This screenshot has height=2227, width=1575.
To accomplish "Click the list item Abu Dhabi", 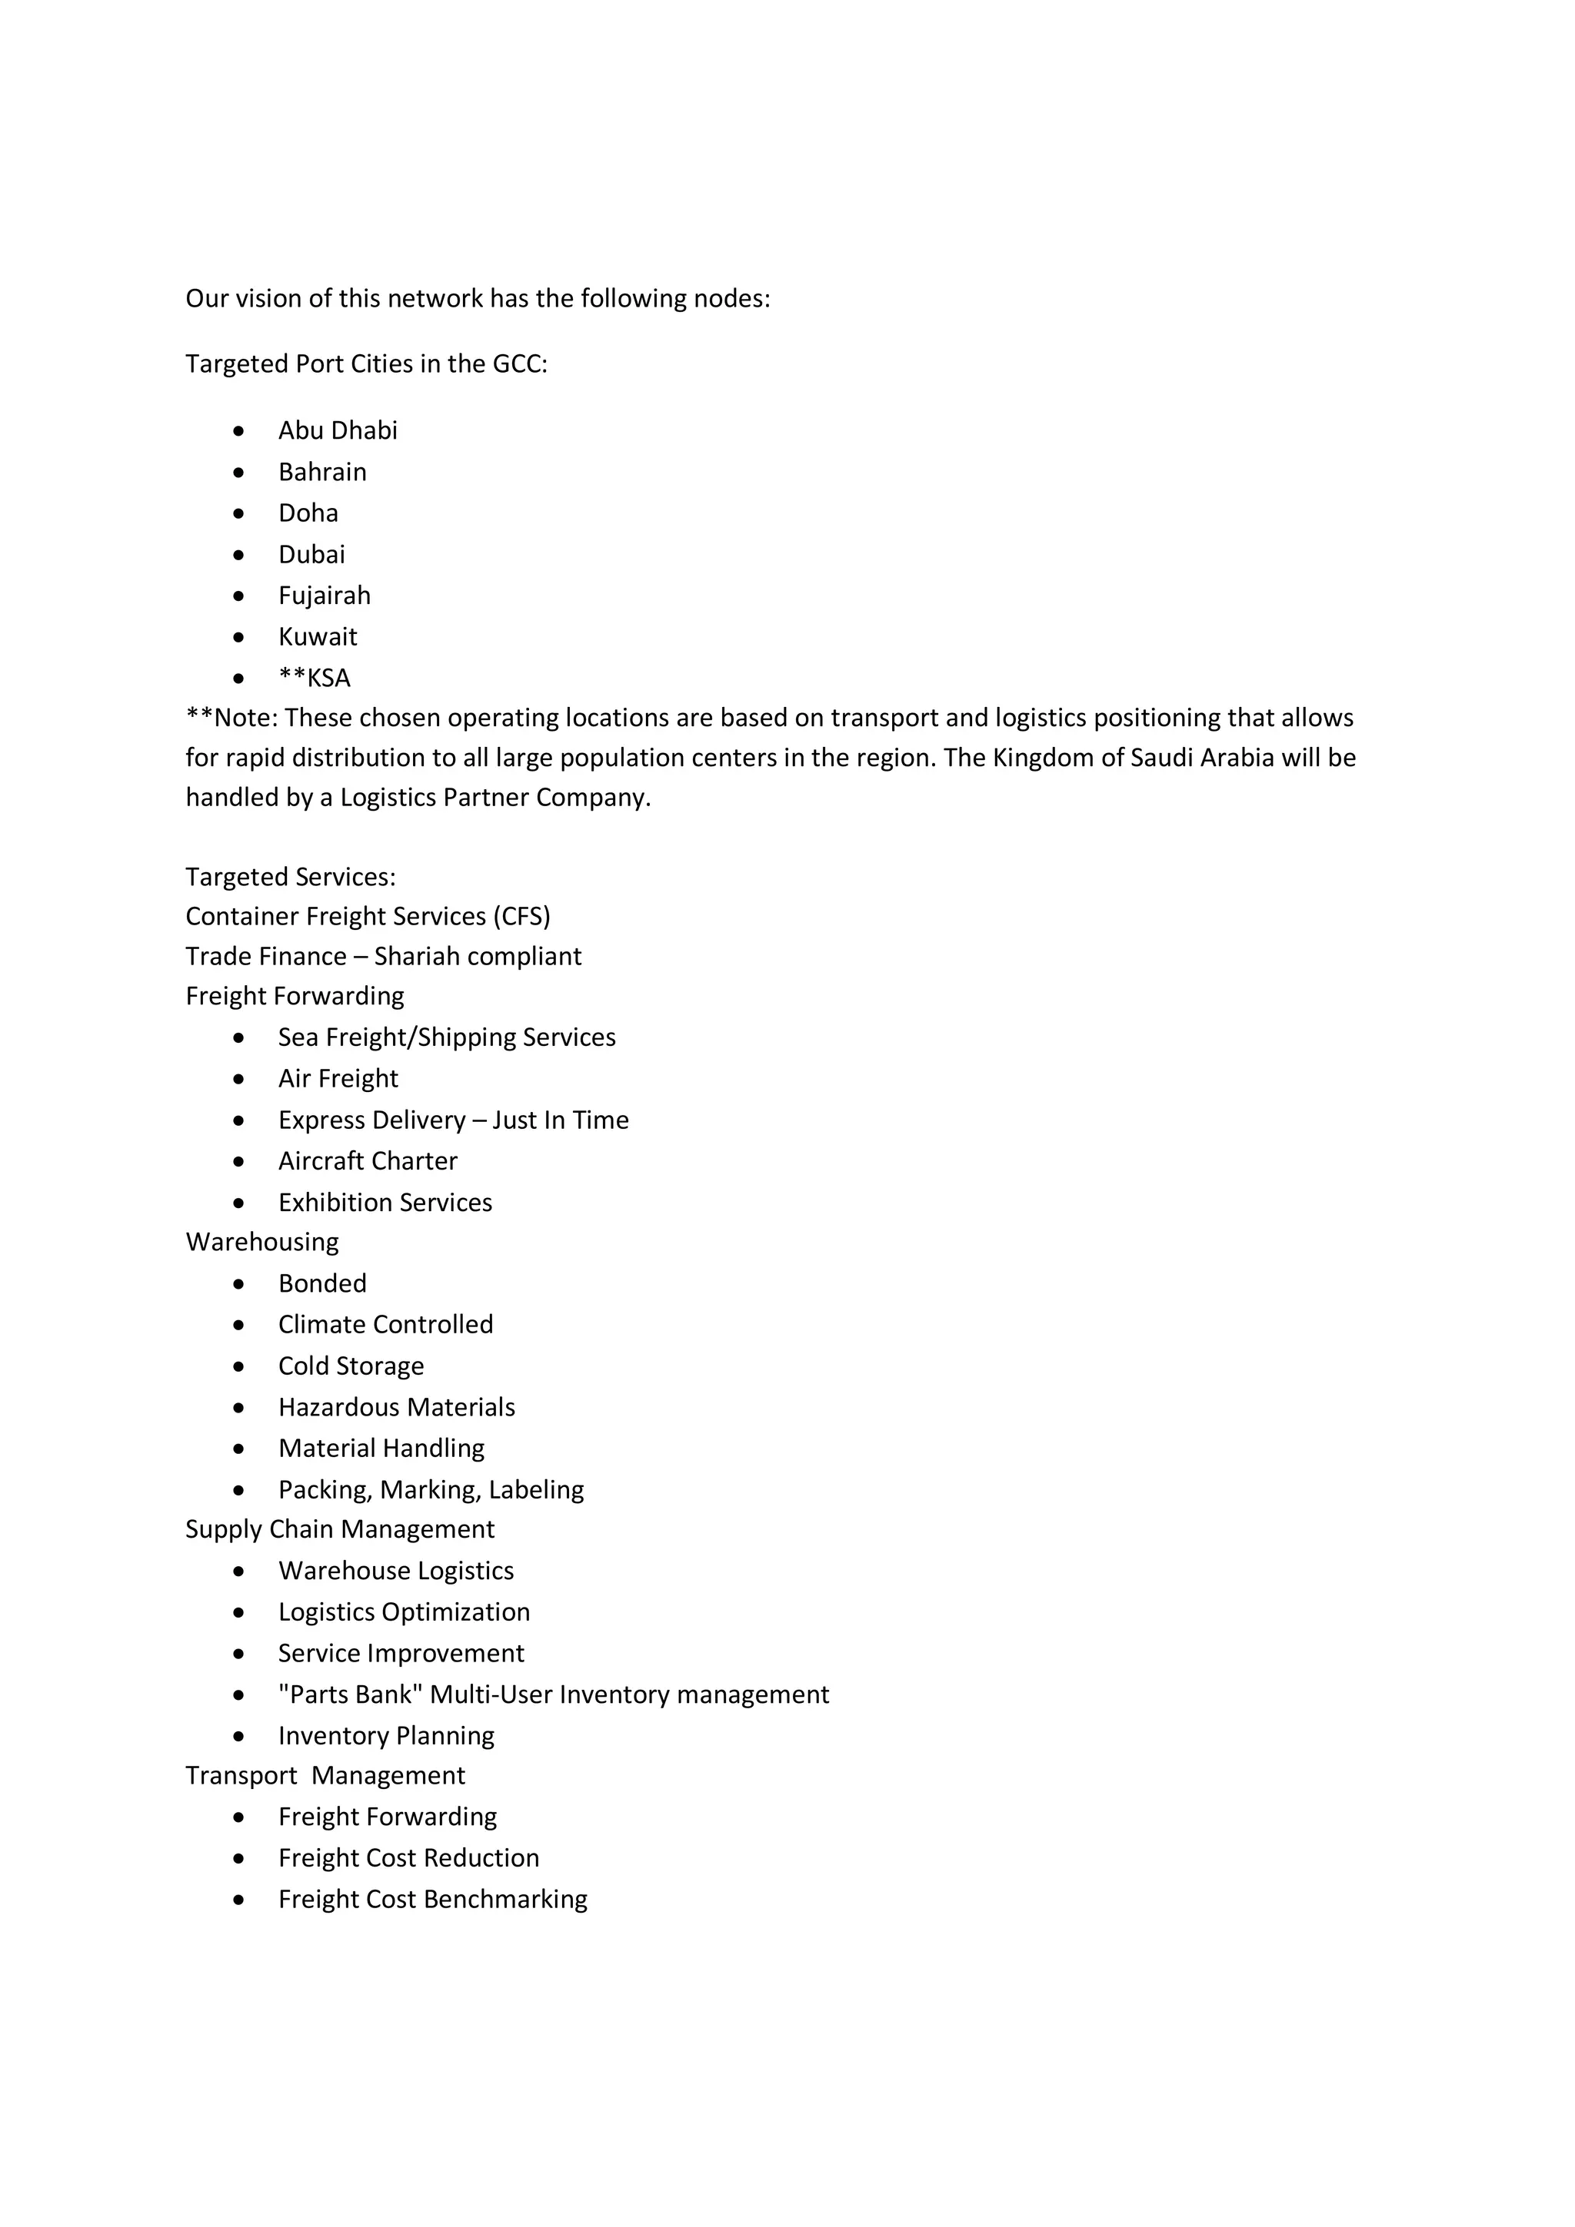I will pos(338,430).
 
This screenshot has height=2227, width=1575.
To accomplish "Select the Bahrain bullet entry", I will pos(322,473).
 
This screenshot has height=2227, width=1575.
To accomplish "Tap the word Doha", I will pos(308,513).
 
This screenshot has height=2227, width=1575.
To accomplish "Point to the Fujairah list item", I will pos(324,596).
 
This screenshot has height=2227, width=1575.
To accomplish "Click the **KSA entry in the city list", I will pos(315,678).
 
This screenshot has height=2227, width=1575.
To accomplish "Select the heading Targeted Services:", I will pos(290,878).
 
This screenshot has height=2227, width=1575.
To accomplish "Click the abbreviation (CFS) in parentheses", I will pos(521,918).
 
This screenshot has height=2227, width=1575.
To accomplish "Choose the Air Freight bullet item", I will pos(338,1080).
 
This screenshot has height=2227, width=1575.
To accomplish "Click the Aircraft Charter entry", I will pos(368,1162).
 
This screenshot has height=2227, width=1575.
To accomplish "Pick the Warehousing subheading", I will pos(262,1243).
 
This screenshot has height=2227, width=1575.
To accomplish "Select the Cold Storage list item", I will pos(351,1366).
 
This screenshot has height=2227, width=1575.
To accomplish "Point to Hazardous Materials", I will pos(396,1407).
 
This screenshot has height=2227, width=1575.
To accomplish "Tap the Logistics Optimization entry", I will pos(404,1613).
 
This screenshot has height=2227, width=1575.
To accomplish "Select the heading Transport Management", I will pos(325,1776).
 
